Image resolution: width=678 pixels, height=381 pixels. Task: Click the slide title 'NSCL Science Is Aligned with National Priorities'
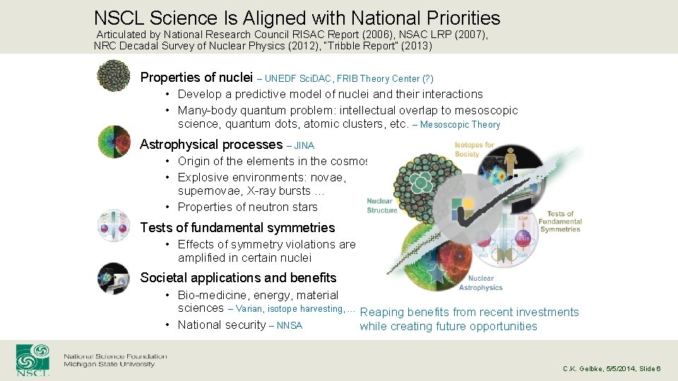tap(297, 18)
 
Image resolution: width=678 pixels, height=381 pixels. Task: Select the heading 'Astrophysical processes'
tap(211, 145)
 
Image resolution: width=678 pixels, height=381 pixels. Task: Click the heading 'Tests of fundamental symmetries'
tap(237, 227)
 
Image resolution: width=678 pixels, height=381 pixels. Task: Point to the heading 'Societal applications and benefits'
tap(238, 277)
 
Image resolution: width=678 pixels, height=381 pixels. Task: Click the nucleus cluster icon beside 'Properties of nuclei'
tap(114, 75)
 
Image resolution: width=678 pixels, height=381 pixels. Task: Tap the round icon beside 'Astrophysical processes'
tap(114, 142)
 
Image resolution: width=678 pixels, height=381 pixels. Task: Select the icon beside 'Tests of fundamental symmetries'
tap(114, 225)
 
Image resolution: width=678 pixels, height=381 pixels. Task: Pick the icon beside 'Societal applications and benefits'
tap(114, 277)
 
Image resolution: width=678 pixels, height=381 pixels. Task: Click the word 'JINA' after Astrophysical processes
tap(304, 145)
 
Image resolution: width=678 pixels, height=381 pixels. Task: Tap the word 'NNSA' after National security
tap(290, 325)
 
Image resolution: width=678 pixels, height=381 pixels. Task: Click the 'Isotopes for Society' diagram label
tap(475, 149)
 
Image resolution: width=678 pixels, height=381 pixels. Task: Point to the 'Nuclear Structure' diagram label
tap(382, 205)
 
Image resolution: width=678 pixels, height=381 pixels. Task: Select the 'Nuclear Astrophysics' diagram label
tap(481, 283)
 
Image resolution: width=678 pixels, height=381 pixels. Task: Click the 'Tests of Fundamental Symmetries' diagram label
tap(559, 222)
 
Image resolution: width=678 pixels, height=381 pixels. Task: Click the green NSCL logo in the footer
tap(33, 359)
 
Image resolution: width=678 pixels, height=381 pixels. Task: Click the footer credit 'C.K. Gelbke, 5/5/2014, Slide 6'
tap(612, 368)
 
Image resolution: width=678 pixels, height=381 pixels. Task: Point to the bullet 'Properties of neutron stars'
tap(247, 207)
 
